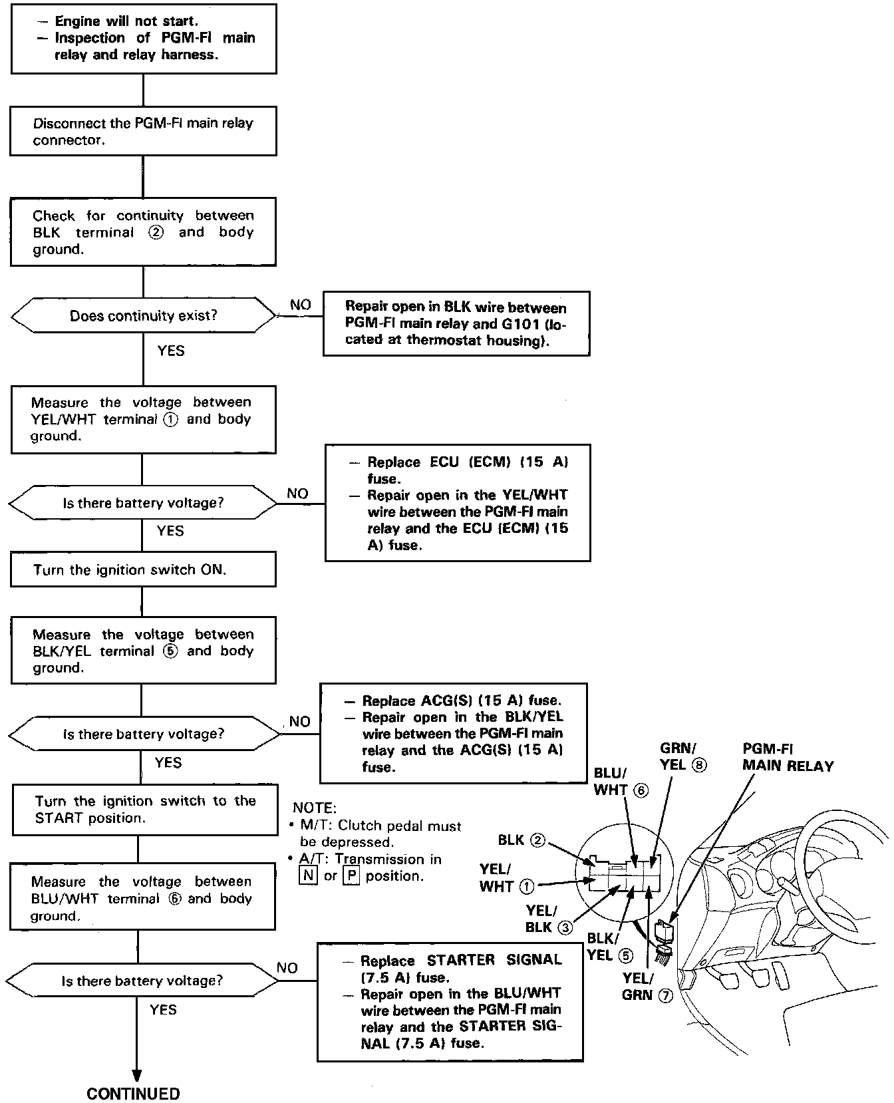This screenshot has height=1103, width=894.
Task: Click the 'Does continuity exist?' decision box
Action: click(x=144, y=315)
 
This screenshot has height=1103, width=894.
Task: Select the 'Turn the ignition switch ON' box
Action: click(x=143, y=570)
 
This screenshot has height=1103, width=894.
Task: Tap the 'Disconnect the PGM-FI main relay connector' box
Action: click(x=143, y=131)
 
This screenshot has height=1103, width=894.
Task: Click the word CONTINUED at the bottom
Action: click(x=133, y=1094)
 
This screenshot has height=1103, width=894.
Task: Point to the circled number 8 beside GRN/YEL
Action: click(x=699, y=765)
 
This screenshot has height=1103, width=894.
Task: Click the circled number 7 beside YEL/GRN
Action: click(x=665, y=995)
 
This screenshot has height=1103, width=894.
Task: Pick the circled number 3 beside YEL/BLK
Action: click(x=565, y=927)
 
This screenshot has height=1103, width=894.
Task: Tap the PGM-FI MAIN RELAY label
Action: click(x=788, y=758)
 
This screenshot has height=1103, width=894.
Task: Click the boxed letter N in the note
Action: click(x=308, y=875)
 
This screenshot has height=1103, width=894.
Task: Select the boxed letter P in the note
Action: click(x=351, y=875)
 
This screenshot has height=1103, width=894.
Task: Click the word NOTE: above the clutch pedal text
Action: click(x=315, y=808)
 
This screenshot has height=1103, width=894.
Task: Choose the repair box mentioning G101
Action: click(x=456, y=324)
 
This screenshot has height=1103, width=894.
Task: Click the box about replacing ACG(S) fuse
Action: click(x=454, y=733)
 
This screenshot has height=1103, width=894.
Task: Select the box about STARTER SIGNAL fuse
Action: click(x=450, y=1001)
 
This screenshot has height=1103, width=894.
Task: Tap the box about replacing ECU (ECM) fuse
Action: click(x=458, y=503)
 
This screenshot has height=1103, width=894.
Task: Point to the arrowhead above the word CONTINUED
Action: click(x=136, y=1074)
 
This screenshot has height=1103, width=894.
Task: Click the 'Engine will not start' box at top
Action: click(x=144, y=39)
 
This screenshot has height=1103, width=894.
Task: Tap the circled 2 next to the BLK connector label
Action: click(x=537, y=840)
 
